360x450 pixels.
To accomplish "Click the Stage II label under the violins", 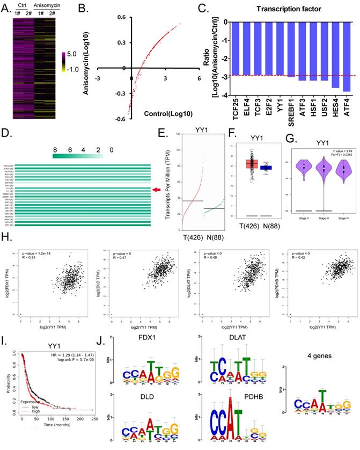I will pyautogui.click(x=303, y=220).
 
